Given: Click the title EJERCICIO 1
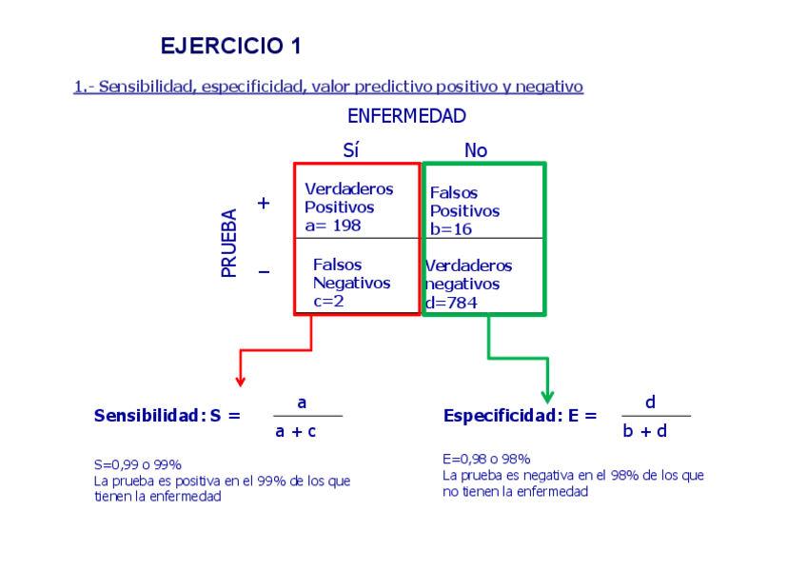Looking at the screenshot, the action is click(230, 46).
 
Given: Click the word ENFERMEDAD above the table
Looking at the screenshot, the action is click(406, 116).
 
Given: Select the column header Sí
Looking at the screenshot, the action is click(350, 150).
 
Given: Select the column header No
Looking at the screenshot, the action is click(475, 150).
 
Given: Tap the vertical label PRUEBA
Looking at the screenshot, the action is click(229, 244).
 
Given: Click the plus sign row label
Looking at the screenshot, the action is click(264, 203).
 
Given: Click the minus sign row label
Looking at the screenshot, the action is click(264, 273).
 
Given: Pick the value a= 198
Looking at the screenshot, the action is click(333, 226).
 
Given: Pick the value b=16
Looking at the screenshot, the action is click(451, 229).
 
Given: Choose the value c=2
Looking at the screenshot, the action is click(328, 301).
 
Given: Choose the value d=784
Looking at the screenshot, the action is click(451, 303).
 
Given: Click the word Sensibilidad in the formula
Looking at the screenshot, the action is click(148, 416).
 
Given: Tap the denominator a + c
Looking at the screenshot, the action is click(296, 431).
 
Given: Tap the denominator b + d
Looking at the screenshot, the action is click(646, 431).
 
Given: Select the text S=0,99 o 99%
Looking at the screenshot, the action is click(137, 465).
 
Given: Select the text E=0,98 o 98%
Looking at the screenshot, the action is click(486, 459).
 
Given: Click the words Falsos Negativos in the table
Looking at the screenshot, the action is click(351, 274).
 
